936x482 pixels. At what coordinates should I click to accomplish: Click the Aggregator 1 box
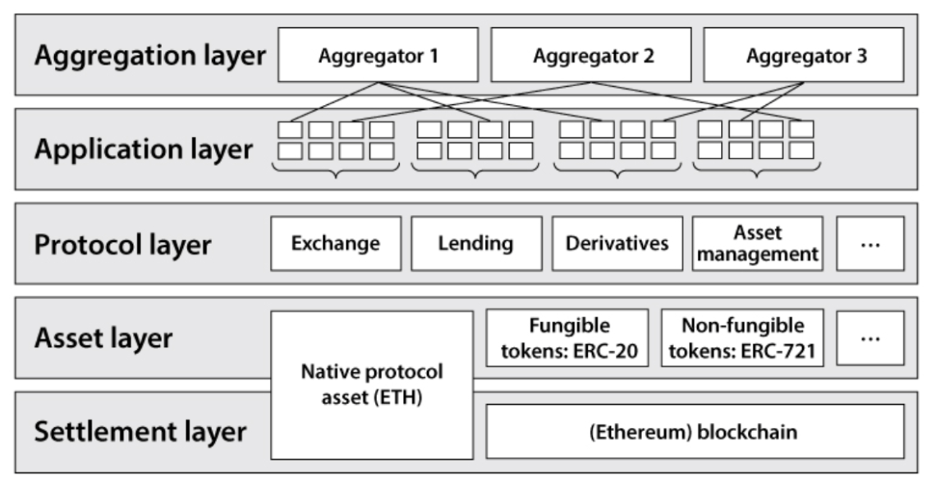pyautogui.click(x=378, y=55)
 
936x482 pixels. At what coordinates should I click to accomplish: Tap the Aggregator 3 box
pyautogui.click(x=804, y=55)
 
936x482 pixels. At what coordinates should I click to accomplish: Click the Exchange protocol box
pyautogui.click(x=336, y=244)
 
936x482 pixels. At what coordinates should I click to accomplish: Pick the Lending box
pyautogui.click(x=476, y=244)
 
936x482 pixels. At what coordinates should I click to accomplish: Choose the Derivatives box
pyautogui.click(x=617, y=244)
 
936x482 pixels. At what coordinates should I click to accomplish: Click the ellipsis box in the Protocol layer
pyautogui.click(x=870, y=244)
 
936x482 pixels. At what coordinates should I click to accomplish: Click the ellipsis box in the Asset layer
pyautogui.click(x=870, y=337)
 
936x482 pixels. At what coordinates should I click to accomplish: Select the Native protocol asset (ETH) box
pyautogui.click(x=372, y=384)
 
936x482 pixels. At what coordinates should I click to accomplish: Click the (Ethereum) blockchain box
pyautogui.click(x=695, y=431)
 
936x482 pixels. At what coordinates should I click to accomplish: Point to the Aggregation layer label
pyautogui.click(x=149, y=56)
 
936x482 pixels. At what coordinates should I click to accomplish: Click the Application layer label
pyautogui.click(x=143, y=149)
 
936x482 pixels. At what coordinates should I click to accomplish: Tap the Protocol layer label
pyautogui.click(x=122, y=244)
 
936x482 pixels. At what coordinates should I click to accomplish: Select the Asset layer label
pyautogui.click(x=103, y=337)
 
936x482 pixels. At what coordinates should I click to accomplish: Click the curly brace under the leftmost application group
pyautogui.click(x=334, y=169)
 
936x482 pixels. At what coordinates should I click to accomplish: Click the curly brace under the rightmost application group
pyautogui.click(x=756, y=169)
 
